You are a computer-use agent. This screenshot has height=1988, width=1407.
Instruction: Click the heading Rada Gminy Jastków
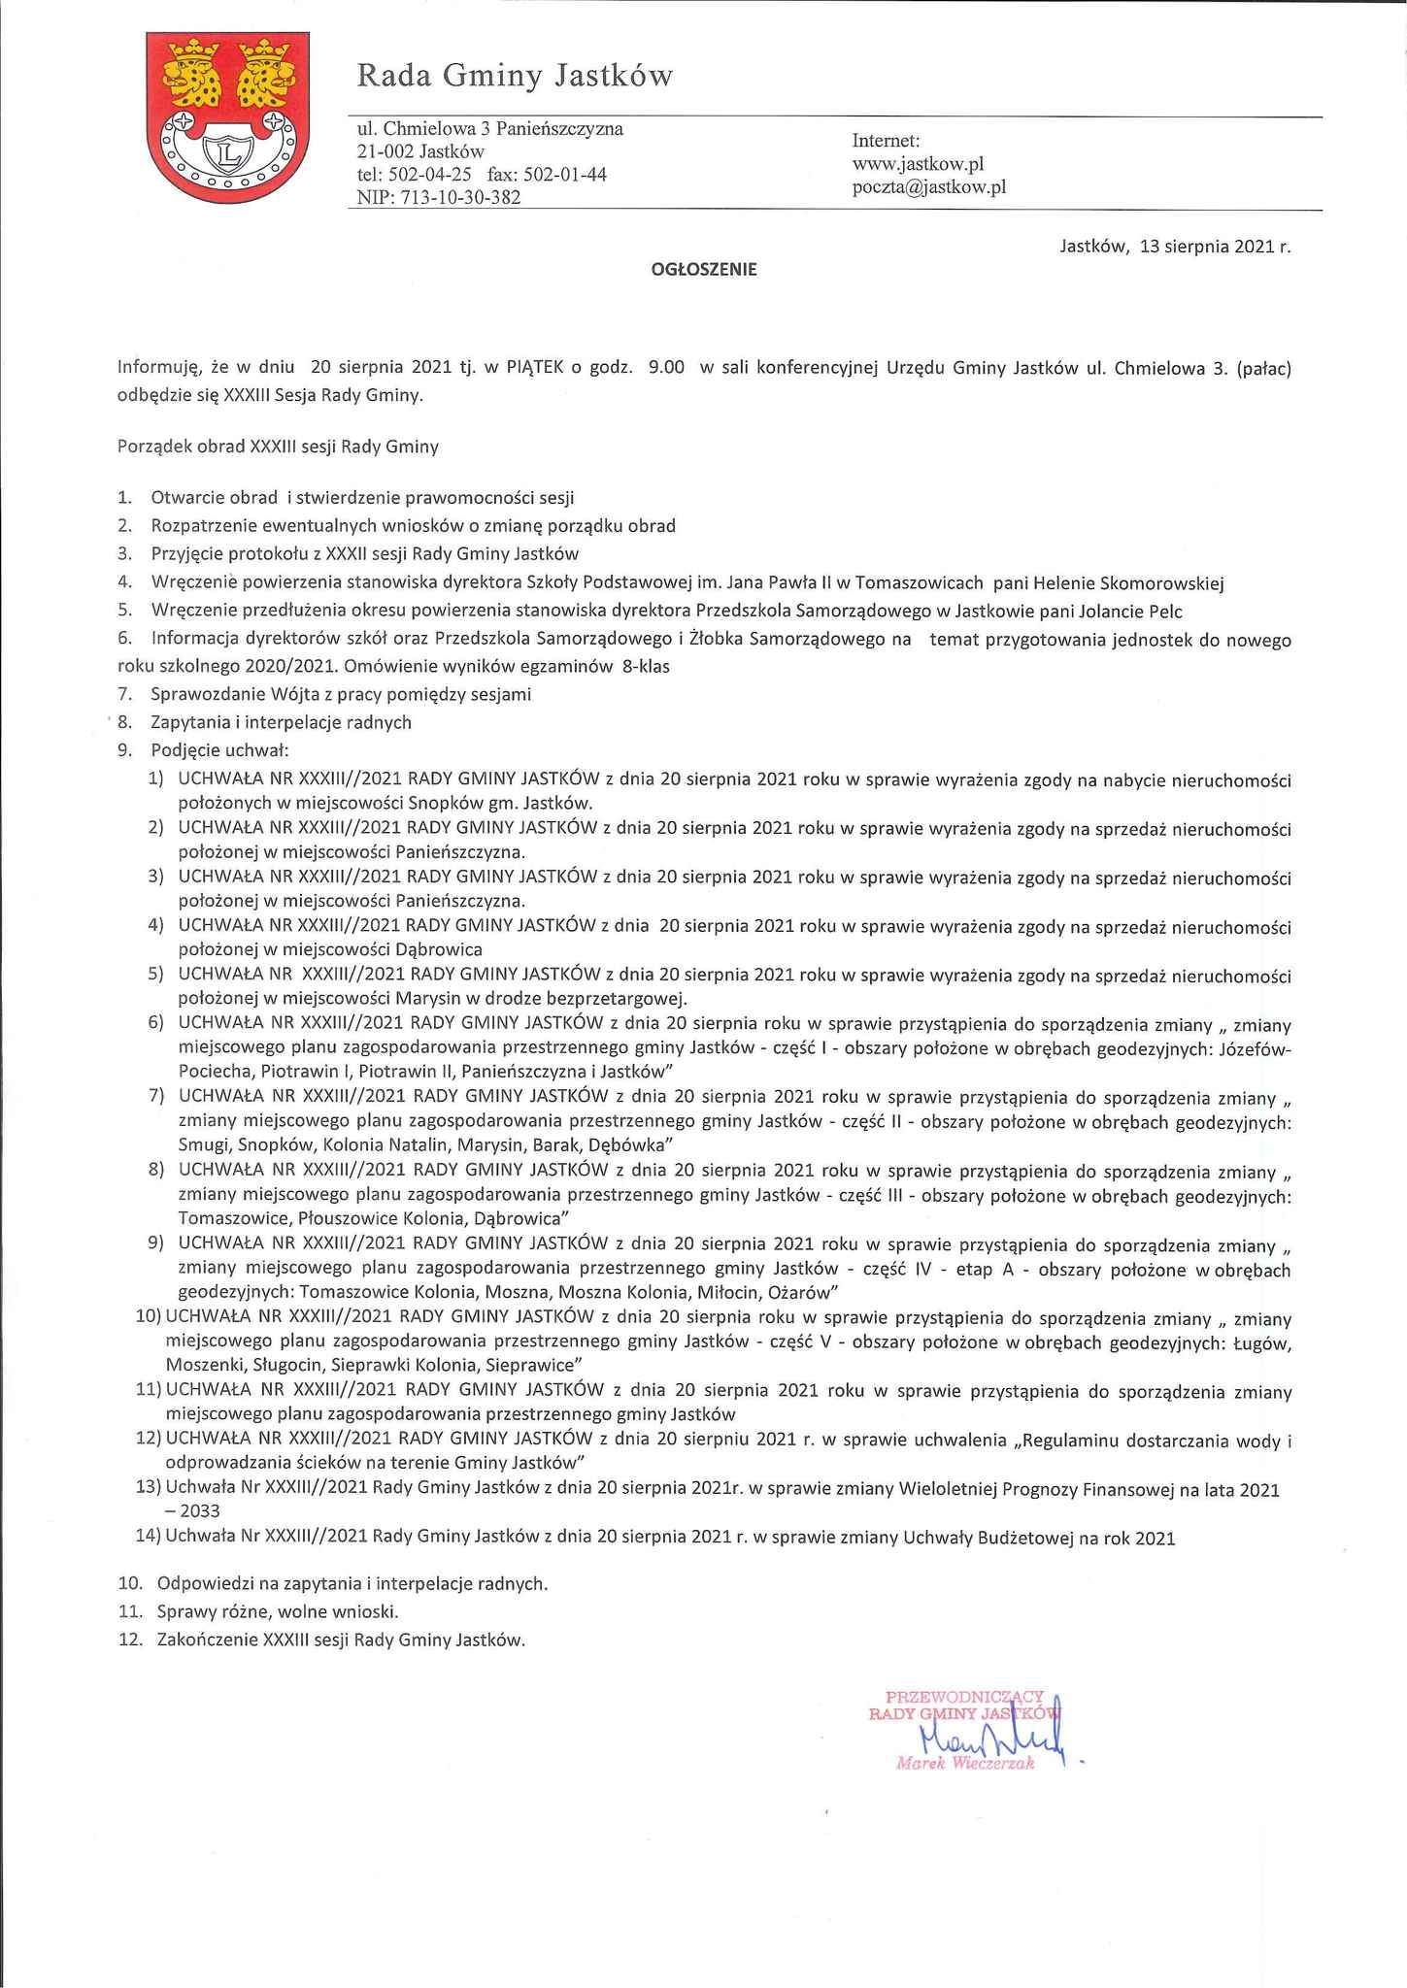point(514,76)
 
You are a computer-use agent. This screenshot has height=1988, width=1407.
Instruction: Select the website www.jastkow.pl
point(919,164)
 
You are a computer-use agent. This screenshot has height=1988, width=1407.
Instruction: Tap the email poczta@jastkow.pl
point(928,187)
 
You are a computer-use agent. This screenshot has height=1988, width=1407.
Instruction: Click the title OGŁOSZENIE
point(703,271)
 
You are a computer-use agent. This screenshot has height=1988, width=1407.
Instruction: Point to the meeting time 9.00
point(666,368)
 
